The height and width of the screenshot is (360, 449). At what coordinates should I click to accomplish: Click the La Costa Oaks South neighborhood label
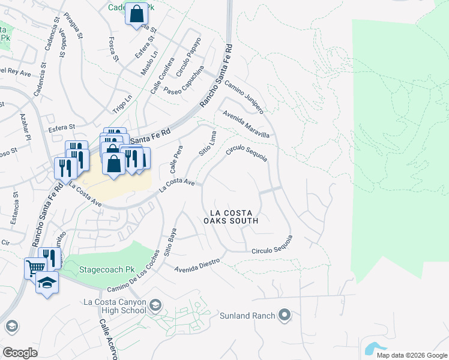click(234, 217)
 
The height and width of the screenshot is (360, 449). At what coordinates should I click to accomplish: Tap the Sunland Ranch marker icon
click(285, 315)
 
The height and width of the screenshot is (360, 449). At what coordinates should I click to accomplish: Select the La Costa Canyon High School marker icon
click(155, 306)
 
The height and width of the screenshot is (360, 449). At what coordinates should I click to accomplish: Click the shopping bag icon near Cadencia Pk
click(136, 13)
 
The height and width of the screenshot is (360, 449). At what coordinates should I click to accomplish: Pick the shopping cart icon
click(35, 268)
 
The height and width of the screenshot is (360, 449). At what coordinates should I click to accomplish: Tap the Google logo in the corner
click(20, 353)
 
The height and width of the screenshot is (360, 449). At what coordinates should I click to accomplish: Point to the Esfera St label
click(62, 127)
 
